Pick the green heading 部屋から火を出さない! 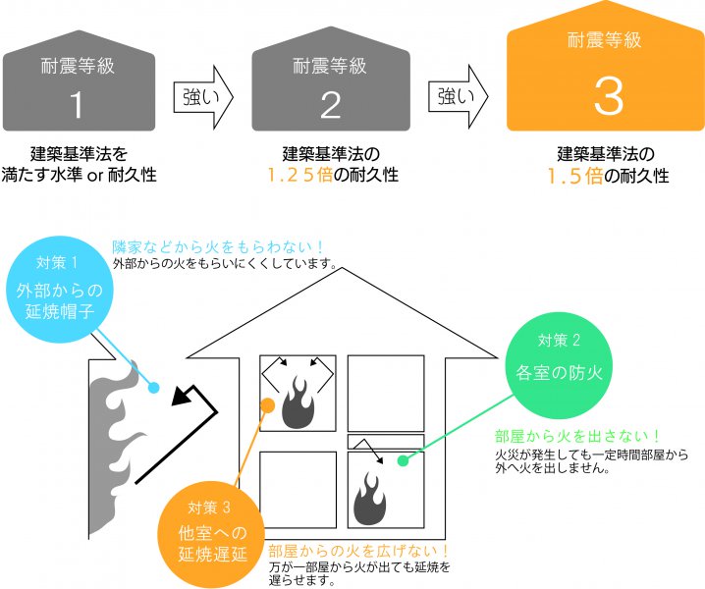point(576,437)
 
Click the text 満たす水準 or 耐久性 point(93,177)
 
